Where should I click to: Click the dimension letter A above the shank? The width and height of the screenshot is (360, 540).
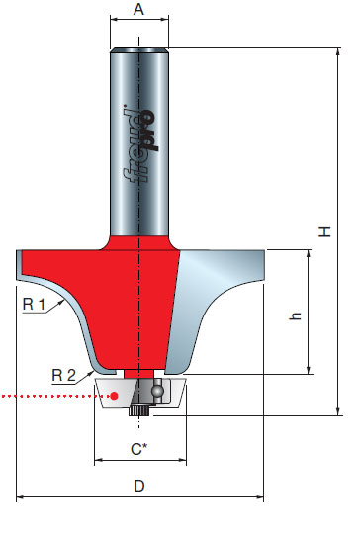pos(138,9)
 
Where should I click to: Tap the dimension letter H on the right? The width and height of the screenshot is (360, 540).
pos(324,231)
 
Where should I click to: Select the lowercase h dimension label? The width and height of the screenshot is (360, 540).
pos(295,316)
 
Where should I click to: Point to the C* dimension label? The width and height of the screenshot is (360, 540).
pos(138,449)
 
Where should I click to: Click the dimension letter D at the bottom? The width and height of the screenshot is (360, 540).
pos(139,486)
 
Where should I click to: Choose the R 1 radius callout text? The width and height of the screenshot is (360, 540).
pos(34,304)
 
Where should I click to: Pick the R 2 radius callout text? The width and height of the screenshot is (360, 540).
pos(63,375)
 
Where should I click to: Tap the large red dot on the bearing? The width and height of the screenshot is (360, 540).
pos(115,396)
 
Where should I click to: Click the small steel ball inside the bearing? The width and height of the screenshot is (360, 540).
pos(157,392)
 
